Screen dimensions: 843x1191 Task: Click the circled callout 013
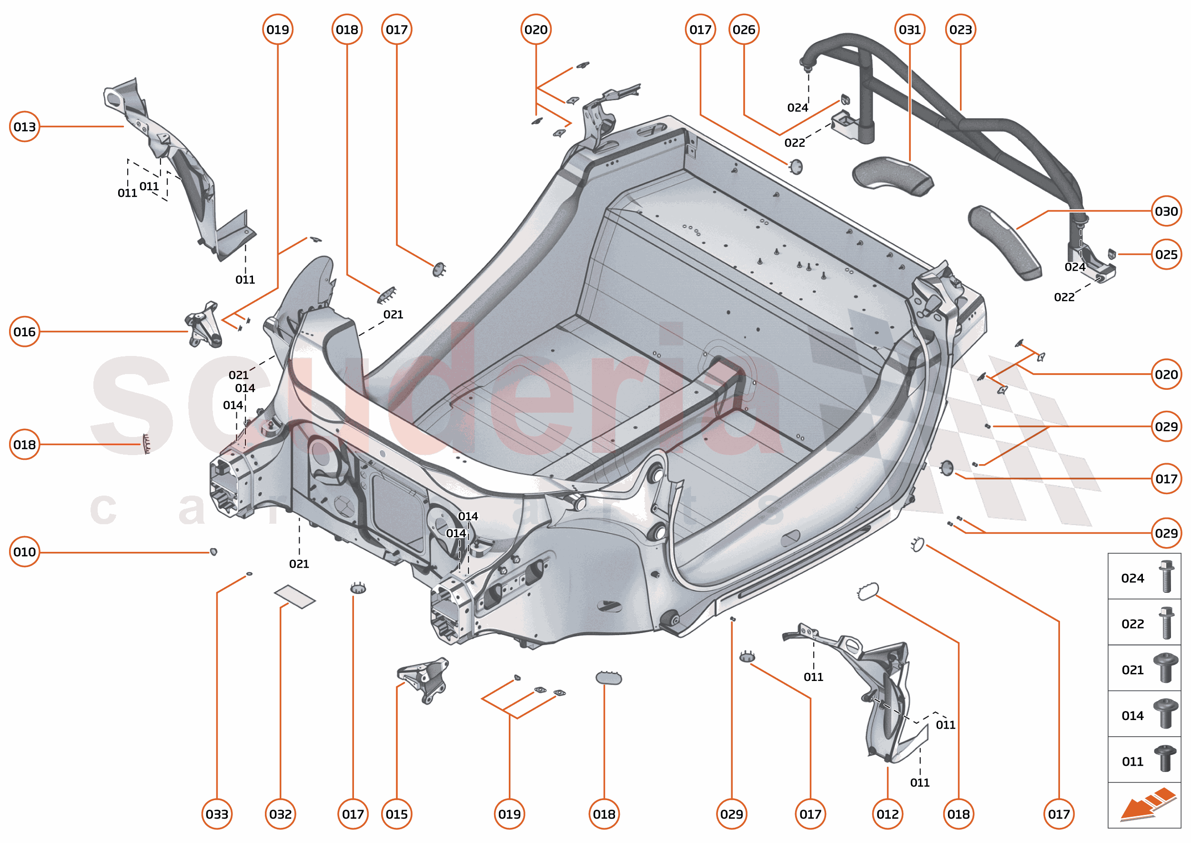[24, 127]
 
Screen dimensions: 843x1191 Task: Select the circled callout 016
[24, 332]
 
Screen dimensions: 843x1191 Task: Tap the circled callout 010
[24, 552]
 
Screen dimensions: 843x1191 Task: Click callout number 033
[217, 814]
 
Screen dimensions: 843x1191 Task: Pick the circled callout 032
[280, 814]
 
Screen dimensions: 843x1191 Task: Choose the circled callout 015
[396, 814]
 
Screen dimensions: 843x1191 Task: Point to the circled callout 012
[888, 814]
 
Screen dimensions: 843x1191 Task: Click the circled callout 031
[910, 30]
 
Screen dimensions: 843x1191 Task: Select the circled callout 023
[960, 30]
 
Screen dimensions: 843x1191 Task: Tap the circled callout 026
[744, 30]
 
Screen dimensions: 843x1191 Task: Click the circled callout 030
[1166, 211]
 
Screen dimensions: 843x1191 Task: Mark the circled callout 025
[1166, 254]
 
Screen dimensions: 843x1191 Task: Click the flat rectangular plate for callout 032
[294, 596]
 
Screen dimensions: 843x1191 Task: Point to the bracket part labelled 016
[204, 325]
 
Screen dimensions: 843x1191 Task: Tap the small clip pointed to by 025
[1111, 254]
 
